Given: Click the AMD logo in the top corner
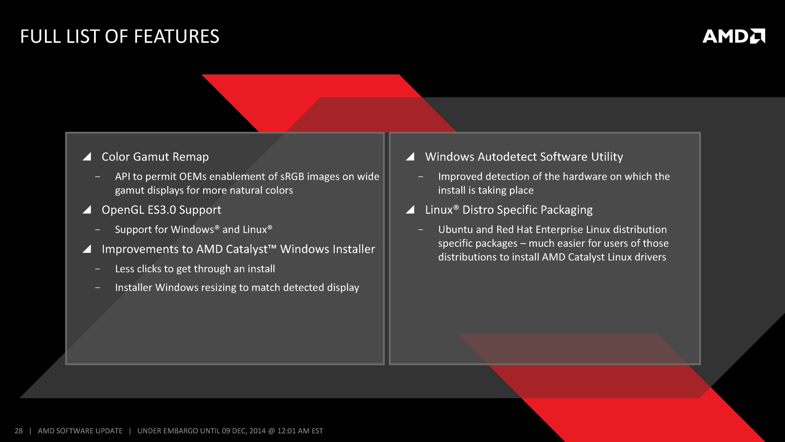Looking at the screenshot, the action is click(734, 36).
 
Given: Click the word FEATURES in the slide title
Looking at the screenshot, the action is click(177, 36).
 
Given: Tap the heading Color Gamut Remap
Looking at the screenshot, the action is click(155, 157).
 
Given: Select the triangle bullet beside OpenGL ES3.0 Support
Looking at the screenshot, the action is click(87, 210).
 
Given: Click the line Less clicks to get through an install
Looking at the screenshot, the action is click(195, 269).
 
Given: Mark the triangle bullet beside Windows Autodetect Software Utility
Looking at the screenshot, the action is click(410, 157).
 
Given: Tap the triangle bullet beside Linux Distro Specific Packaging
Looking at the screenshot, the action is click(410, 210).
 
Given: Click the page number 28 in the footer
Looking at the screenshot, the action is click(18, 431).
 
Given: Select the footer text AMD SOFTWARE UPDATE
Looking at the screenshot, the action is click(80, 431).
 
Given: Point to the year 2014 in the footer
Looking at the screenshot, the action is click(258, 431).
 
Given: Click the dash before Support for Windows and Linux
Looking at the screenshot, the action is click(97, 230).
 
